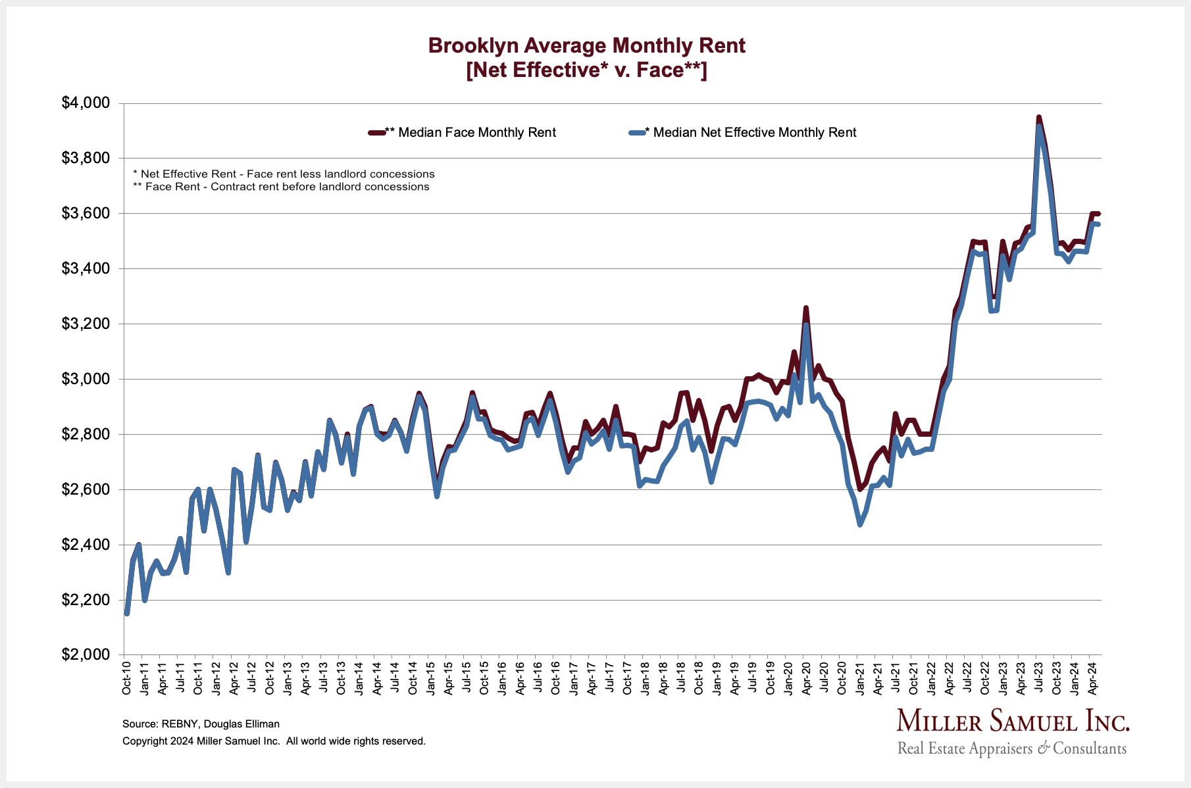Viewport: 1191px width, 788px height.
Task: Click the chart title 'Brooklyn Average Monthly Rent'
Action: tap(586, 45)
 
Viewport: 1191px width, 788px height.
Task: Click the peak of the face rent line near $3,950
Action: tap(1038, 118)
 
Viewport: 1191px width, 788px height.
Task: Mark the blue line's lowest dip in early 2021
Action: tap(860, 524)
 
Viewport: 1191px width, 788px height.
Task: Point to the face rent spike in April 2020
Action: tap(806, 308)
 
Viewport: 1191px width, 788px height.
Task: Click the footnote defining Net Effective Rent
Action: tap(284, 174)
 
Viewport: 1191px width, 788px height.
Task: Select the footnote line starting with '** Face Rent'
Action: tap(281, 187)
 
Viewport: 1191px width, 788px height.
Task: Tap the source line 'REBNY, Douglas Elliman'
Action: tap(201, 724)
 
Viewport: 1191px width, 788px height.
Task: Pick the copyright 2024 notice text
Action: tap(274, 741)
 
